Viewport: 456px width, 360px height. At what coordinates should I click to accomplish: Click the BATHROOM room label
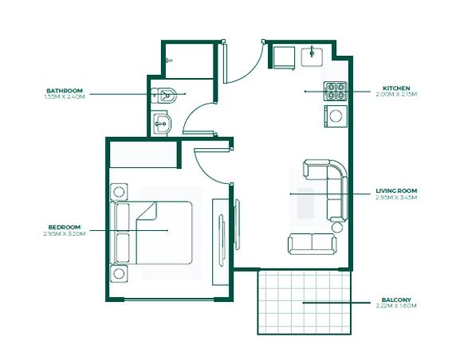tap(65, 91)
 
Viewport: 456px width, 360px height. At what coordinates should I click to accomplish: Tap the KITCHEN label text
tap(396, 88)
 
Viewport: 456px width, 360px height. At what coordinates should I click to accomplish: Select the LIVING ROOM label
tap(396, 191)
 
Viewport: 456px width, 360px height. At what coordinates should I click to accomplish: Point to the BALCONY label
tap(396, 299)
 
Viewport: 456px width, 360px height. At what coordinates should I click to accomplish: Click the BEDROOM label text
tap(65, 227)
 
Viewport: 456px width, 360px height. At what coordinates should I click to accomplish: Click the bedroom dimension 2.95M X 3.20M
tap(65, 233)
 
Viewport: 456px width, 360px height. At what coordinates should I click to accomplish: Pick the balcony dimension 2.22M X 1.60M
tap(396, 306)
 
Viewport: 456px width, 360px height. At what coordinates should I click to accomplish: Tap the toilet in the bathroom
tap(164, 95)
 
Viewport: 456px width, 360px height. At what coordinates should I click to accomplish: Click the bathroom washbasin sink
tap(162, 123)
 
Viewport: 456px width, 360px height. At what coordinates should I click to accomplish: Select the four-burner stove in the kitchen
tap(336, 92)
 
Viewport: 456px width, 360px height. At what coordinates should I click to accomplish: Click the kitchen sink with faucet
tap(312, 57)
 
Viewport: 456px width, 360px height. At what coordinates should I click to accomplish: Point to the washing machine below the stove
tap(336, 116)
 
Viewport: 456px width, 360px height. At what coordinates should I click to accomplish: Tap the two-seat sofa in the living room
tap(313, 244)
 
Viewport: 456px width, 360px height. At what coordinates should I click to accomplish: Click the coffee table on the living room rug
tap(305, 203)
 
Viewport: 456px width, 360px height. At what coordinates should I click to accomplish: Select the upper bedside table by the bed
tap(119, 192)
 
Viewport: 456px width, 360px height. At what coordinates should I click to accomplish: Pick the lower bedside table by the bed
tap(119, 273)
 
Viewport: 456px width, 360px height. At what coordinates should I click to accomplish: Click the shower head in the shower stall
tap(169, 61)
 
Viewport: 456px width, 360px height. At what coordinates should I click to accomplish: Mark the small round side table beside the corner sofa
tap(337, 228)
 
